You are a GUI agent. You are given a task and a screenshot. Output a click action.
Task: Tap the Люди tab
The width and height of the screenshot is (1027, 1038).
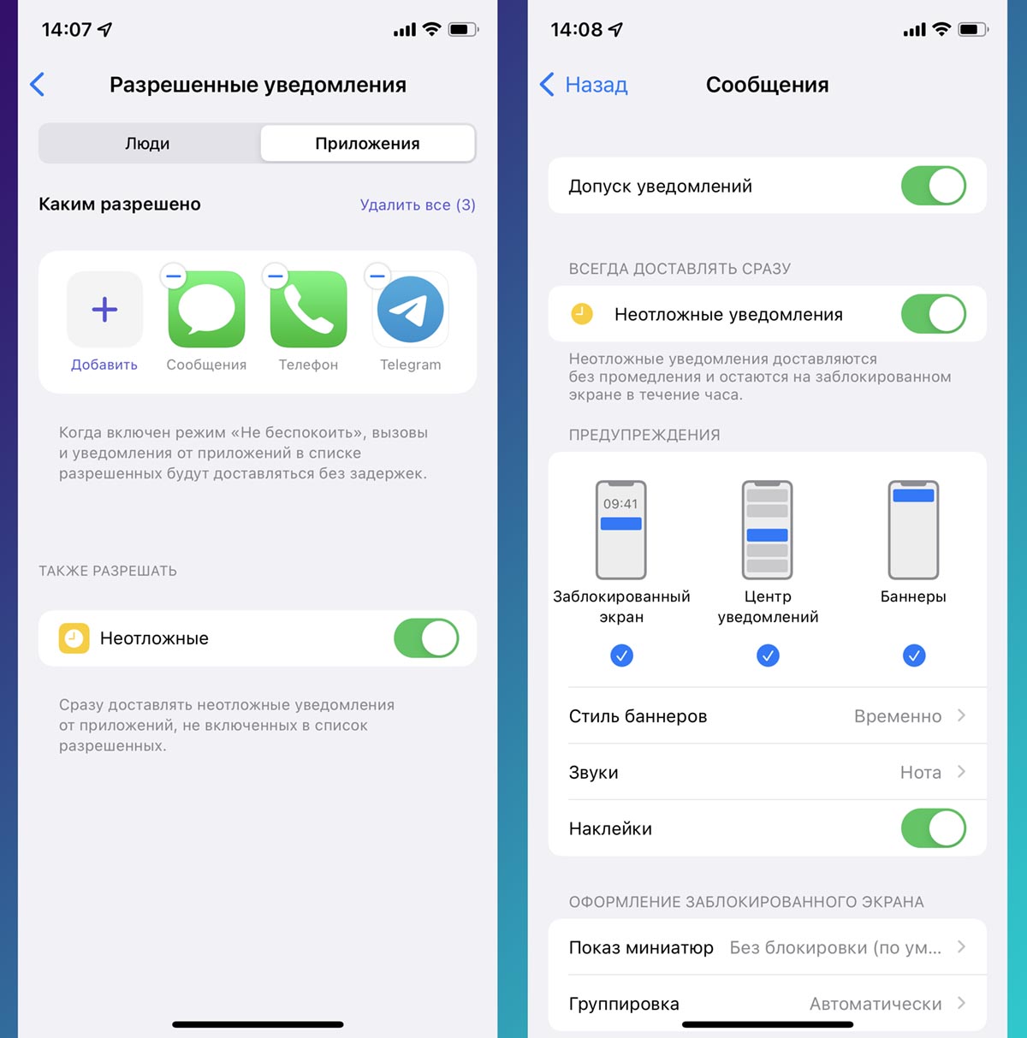pyautogui.click(x=148, y=143)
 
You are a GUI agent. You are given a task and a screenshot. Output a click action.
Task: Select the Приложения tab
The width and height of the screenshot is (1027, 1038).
pyautogui.click(x=367, y=143)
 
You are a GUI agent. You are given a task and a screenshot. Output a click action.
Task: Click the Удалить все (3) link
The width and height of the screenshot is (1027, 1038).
pyautogui.click(x=418, y=205)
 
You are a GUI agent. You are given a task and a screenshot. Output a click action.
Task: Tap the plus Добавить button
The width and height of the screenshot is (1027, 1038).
pyautogui.click(x=104, y=309)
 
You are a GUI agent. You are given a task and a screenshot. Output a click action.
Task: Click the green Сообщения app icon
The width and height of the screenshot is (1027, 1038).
pyautogui.click(x=206, y=309)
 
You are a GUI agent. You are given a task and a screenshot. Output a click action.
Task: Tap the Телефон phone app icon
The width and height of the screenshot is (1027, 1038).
pyautogui.click(x=308, y=309)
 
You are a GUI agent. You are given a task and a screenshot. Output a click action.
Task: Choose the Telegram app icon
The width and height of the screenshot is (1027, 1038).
pyautogui.click(x=411, y=309)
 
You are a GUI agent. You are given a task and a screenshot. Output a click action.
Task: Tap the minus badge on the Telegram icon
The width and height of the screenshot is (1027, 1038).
pyautogui.click(x=377, y=276)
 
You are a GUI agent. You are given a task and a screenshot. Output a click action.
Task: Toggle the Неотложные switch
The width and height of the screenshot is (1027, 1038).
pyautogui.click(x=426, y=638)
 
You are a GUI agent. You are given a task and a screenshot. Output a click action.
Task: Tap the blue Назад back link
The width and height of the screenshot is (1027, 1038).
pyautogui.click(x=584, y=85)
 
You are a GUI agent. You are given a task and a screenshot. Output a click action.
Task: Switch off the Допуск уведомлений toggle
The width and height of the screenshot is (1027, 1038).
pyautogui.click(x=933, y=186)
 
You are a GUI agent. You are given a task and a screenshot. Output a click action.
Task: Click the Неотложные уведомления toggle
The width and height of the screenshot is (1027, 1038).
pyautogui.click(x=933, y=314)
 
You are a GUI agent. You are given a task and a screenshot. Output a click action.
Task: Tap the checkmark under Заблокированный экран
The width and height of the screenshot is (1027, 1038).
pyautogui.click(x=621, y=655)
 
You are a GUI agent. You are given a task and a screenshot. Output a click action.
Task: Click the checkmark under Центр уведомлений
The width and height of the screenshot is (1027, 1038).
pyautogui.click(x=768, y=655)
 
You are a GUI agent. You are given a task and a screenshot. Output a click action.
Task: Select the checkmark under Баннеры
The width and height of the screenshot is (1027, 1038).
pyautogui.click(x=914, y=655)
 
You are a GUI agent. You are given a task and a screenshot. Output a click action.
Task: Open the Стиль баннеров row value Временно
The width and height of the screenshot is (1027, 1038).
pyautogui.click(x=898, y=716)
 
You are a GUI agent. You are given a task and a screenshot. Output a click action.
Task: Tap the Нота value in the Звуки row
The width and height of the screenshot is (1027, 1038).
pyautogui.click(x=920, y=773)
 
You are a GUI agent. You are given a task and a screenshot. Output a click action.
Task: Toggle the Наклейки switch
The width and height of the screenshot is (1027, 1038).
pyautogui.click(x=933, y=828)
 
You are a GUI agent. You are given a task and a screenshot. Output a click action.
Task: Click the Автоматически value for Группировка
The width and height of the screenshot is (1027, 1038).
pyautogui.click(x=876, y=1004)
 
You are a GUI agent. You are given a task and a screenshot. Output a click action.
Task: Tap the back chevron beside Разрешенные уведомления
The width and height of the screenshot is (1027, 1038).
pyautogui.click(x=37, y=85)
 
